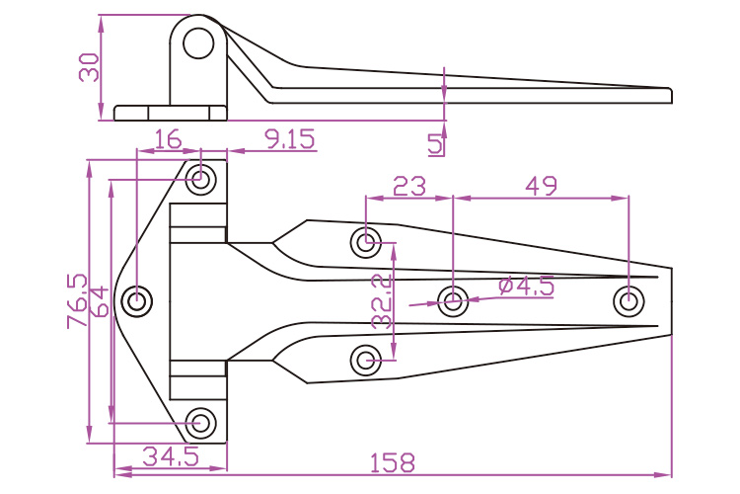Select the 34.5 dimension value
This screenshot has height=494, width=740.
[171, 456]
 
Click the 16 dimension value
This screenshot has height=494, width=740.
[169, 139]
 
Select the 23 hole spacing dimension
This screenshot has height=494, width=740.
[408, 185]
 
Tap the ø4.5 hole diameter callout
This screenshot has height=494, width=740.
[526, 287]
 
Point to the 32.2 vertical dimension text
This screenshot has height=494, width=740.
[382, 301]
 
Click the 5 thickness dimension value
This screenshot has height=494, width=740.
[435, 144]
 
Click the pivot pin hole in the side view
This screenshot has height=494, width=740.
[199, 42]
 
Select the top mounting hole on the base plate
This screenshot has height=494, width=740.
[202, 180]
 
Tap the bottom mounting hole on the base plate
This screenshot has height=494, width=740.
[202, 423]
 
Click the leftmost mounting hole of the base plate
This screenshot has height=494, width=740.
[138, 300]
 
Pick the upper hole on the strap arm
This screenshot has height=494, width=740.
[367, 240]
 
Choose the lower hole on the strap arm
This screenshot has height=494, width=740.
[367, 361]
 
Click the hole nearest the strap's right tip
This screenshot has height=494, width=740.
[628, 300]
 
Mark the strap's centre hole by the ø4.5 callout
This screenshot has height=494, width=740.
[453, 300]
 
